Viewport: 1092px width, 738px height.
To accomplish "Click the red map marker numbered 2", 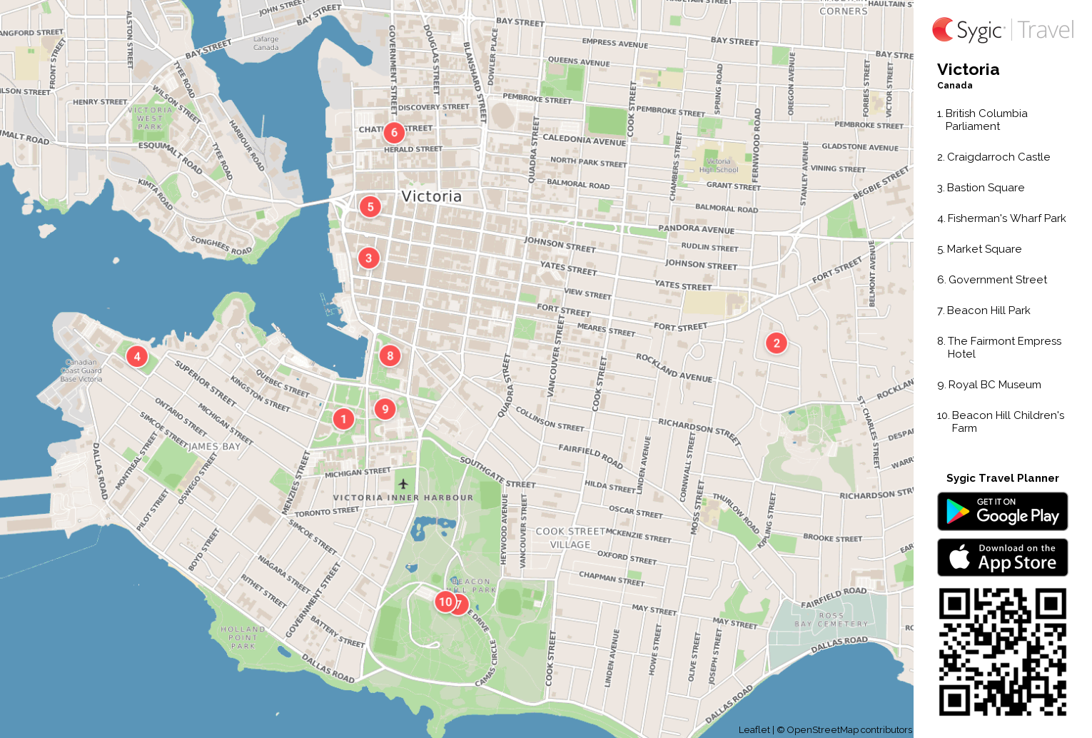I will [777, 343].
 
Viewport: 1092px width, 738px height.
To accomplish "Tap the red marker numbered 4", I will [137, 356].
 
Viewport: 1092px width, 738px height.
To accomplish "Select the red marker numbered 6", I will [394, 133].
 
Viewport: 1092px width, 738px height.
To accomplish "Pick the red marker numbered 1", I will [343, 419].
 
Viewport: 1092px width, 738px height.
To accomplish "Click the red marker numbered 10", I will [445, 602].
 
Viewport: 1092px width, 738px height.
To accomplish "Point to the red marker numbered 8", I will [390, 355].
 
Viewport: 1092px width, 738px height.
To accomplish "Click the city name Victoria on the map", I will [431, 196].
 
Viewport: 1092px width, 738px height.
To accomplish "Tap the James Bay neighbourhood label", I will [214, 447].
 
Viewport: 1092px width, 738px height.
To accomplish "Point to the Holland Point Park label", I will [243, 637].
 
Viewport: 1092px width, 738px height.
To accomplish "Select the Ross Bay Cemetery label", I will [831, 620].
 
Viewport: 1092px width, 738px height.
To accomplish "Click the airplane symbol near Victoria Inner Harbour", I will [403, 484].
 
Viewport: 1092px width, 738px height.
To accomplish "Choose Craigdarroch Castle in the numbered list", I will [998, 157].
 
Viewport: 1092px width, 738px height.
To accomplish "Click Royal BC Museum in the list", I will [994, 385].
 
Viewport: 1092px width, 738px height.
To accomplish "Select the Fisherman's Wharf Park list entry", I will [1006, 218].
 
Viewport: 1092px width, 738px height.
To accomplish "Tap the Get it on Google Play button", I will [1002, 511].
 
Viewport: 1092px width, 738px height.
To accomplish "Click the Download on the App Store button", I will [1002, 557].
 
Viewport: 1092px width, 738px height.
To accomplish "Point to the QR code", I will [1002, 652].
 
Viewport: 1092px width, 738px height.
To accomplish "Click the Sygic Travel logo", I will [1002, 30].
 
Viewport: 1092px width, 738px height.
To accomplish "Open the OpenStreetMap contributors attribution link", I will [849, 729].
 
